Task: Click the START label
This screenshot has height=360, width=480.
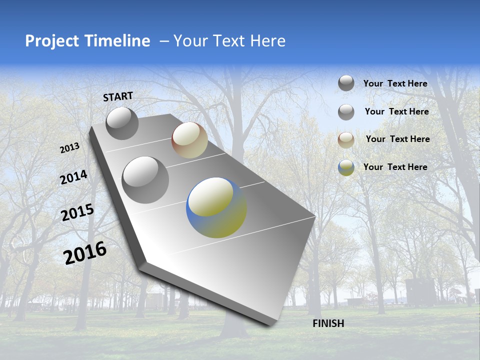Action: pos(118,96)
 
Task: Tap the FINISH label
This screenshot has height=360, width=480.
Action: pos(328,323)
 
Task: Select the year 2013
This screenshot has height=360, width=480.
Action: pos(69,148)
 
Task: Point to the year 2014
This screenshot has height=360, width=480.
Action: pos(73,177)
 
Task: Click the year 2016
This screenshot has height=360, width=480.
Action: pos(85,253)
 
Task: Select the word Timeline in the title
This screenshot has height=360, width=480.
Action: pos(118,41)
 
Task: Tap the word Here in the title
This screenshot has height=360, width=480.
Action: pos(267,41)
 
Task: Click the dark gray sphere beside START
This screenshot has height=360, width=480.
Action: pos(122,123)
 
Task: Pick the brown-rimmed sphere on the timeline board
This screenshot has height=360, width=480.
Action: pos(189,140)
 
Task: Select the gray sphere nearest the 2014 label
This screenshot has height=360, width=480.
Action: pos(145,179)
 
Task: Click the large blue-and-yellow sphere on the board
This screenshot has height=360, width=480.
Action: pos(216,207)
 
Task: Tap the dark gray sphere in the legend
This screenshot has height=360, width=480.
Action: pos(346,83)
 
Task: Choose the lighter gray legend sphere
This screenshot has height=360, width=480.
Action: pos(346,112)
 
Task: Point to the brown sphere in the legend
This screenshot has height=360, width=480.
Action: pos(346,140)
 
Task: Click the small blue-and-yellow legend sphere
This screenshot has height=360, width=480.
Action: pos(346,167)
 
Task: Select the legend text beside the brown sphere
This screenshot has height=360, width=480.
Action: pos(397,139)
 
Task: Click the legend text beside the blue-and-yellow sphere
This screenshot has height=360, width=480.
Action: pos(395,167)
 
